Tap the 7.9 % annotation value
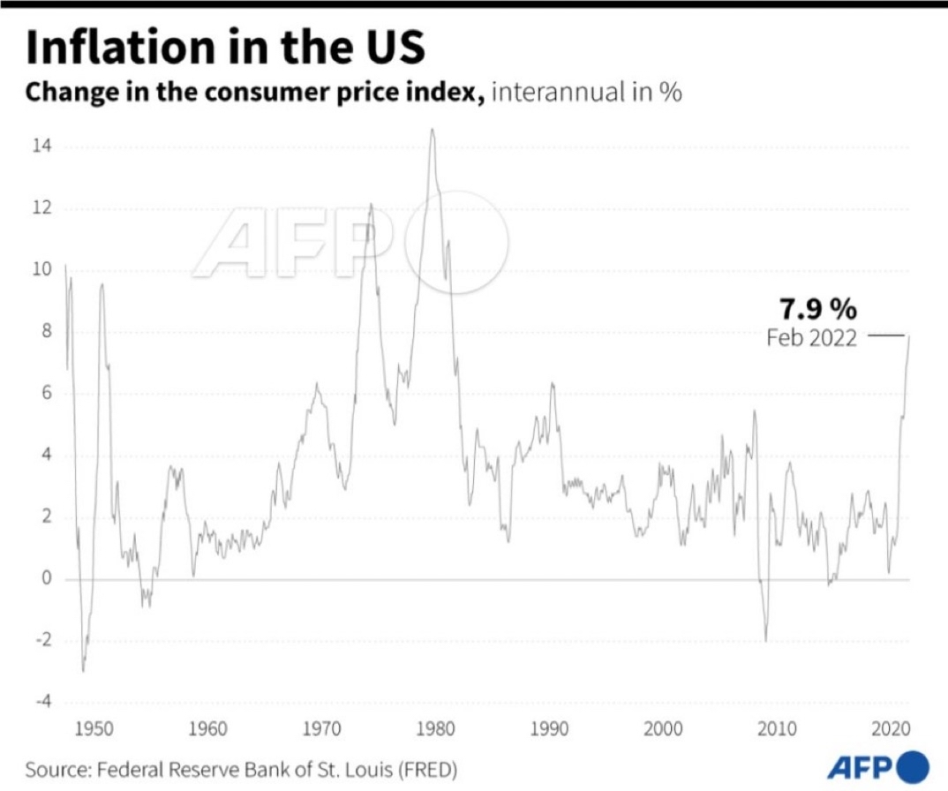[817, 309]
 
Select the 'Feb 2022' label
[811, 337]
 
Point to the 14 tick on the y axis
[41, 146]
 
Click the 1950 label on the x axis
[94, 729]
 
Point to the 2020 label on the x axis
[891, 729]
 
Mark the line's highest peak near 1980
[432, 130]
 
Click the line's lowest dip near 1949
[83, 671]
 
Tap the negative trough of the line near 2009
[765, 640]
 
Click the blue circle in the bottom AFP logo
[914, 765]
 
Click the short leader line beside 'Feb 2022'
[886, 336]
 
